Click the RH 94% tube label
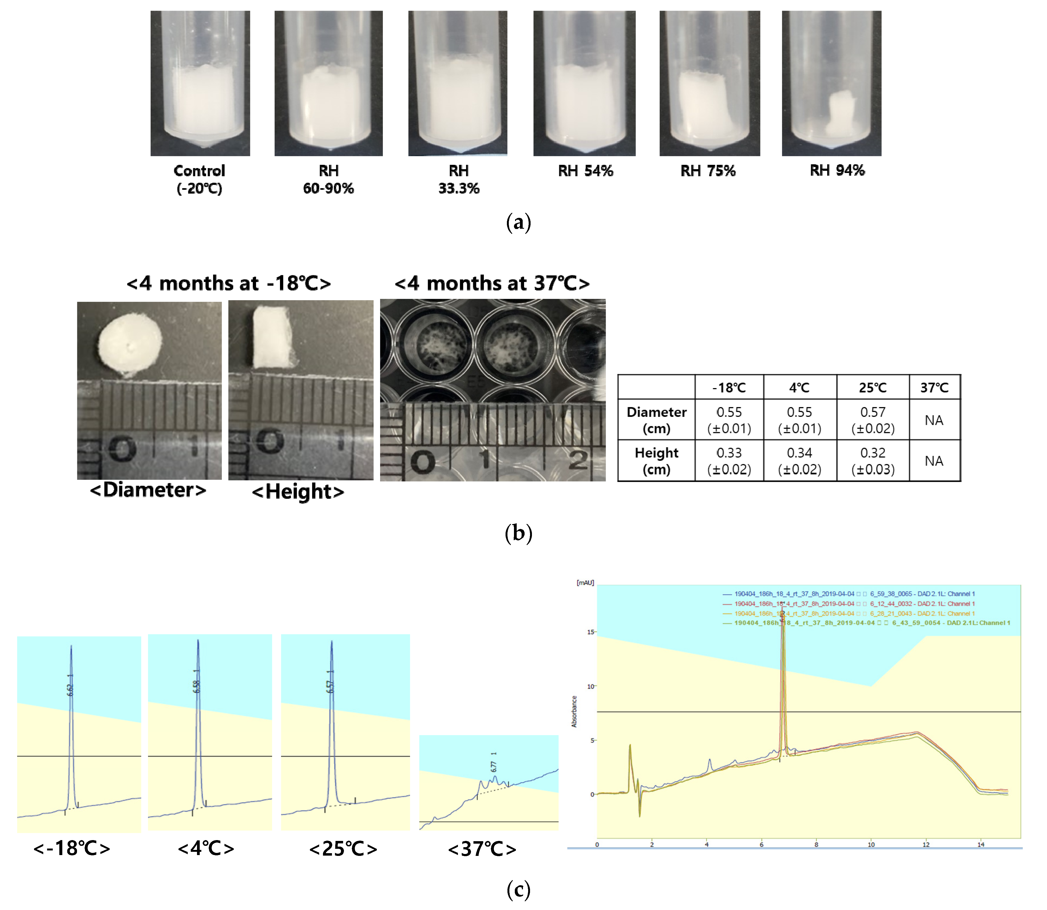[x=837, y=171]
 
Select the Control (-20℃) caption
[x=199, y=179]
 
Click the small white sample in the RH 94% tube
[x=841, y=114]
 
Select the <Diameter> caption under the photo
[x=148, y=490]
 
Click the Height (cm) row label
[x=656, y=461]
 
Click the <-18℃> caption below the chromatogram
[x=72, y=848]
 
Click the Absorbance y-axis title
[x=574, y=711]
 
